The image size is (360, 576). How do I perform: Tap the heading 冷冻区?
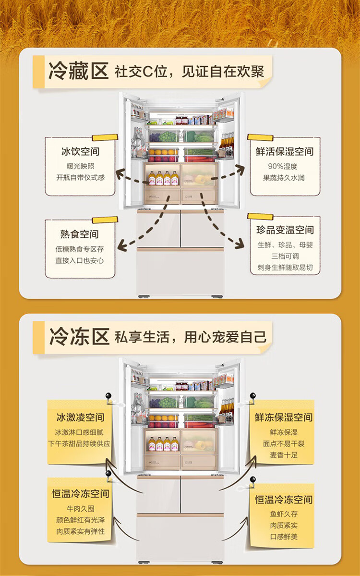point(79,337)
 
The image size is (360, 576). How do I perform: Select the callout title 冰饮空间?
point(80,151)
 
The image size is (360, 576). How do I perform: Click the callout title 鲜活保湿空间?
point(285,151)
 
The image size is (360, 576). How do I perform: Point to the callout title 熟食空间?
point(80,234)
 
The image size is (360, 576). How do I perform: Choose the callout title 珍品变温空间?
point(285,230)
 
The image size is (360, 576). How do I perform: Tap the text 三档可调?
point(285,256)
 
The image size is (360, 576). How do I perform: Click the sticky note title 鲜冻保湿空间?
point(284,417)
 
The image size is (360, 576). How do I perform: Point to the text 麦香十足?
point(284,454)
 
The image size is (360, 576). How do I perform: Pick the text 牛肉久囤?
point(80,508)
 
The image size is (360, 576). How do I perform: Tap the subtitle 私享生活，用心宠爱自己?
point(190,337)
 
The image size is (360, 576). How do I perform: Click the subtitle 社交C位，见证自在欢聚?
point(189,72)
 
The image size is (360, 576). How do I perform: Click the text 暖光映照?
point(80,166)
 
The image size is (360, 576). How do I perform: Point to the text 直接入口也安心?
point(80,261)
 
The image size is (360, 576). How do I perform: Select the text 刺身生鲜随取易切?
point(285,268)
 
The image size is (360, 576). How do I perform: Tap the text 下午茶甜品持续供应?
point(79,443)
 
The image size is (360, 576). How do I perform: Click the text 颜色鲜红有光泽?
point(80,520)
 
